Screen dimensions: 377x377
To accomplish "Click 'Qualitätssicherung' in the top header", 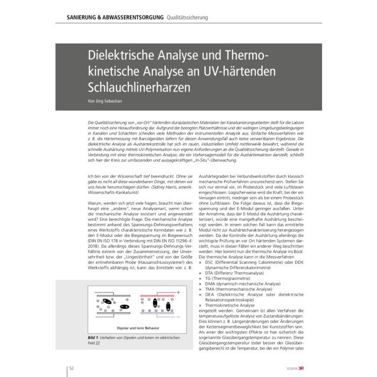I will (x=187, y=18).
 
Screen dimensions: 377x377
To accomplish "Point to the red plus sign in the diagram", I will (x=178, y=292).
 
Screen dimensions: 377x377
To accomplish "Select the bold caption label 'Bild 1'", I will (x=95, y=338).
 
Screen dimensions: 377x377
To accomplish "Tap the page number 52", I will (x=71, y=368).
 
